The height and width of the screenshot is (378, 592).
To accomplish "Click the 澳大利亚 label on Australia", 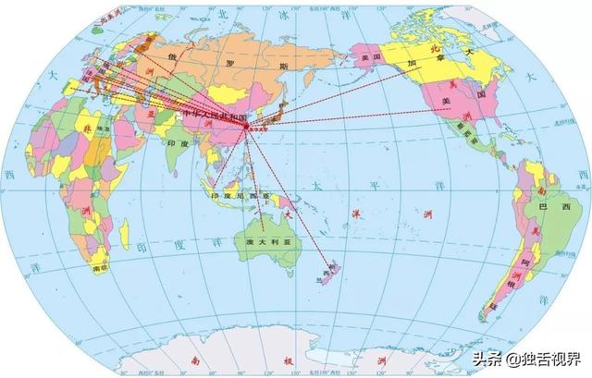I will (x=262, y=240).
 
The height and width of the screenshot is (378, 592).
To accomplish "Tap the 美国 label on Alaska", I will (x=372, y=56).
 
